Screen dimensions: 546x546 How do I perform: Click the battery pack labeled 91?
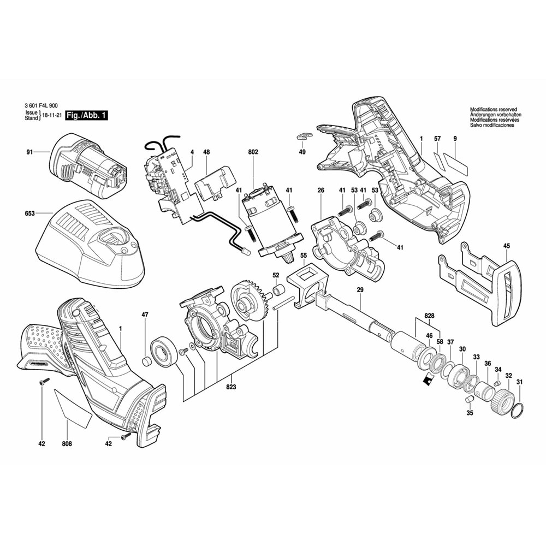tap(88, 166)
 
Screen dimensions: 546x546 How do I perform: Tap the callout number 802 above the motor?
tap(253, 152)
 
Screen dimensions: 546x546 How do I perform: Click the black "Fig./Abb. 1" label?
tap(87, 115)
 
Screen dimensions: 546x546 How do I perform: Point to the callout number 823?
tap(231, 387)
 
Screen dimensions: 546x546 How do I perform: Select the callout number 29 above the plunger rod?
tap(360, 290)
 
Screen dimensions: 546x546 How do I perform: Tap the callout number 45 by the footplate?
tap(506, 246)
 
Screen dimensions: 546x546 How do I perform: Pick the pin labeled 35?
tap(470, 399)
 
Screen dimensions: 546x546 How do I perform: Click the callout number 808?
tap(67, 443)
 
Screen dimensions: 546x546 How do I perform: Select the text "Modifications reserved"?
tap(494, 109)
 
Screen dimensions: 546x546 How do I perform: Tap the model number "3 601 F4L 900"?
tap(41, 105)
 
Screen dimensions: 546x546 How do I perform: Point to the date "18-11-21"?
tap(52, 115)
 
